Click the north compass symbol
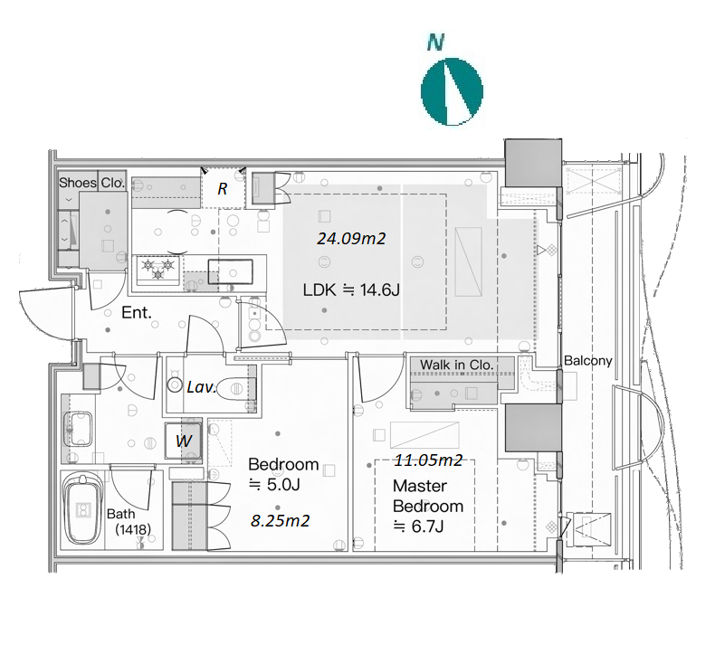[452, 91]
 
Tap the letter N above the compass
[436, 43]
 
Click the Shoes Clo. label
[91, 183]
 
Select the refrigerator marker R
[222, 189]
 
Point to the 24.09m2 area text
[351, 238]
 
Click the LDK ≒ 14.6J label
[351, 289]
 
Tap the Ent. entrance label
[137, 313]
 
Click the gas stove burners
[157, 269]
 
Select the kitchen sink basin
[230, 271]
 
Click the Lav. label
[201, 387]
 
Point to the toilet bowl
[234, 389]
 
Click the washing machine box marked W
[184, 441]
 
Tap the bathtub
[82, 509]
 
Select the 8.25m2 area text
[281, 520]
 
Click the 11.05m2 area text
[429, 460]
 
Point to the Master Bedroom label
[428, 496]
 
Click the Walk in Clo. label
[456, 365]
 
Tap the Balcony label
[588, 360]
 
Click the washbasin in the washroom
[79, 429]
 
